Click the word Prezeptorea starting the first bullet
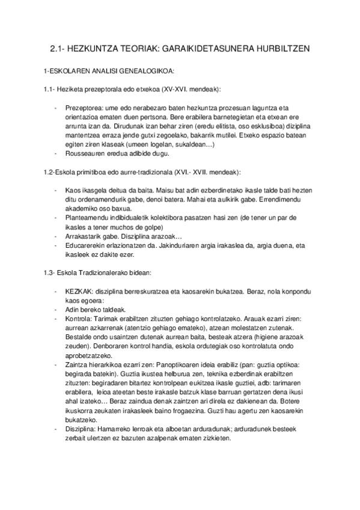coord(82,108)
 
